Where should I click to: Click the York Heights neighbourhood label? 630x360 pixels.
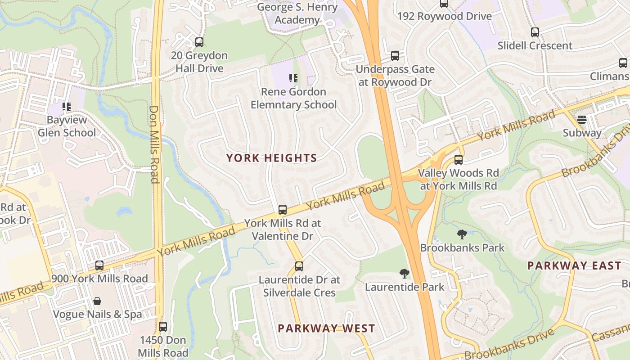271,158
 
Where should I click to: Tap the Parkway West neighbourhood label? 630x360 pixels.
326,328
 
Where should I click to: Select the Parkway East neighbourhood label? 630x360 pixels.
574,265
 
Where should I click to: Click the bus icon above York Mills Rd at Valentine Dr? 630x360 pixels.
283,210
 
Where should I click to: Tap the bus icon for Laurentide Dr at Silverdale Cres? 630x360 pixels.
299,266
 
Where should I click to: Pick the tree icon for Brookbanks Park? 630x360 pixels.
462,234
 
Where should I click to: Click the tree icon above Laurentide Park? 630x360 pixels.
405,273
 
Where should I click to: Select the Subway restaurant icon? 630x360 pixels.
582,120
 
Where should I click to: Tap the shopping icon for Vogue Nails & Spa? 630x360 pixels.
97,301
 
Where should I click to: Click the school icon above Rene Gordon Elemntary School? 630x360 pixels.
293,79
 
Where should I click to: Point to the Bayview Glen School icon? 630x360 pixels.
67,107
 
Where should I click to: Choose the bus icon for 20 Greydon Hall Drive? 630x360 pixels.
199,43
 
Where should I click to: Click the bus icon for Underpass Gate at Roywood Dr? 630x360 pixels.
395,56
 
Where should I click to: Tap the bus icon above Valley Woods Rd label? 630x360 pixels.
459,160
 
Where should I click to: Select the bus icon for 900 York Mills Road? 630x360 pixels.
99,265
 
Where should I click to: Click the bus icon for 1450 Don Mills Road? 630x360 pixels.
163,326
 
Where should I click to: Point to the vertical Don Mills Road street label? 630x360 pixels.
154,144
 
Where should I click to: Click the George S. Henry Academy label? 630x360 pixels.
297,13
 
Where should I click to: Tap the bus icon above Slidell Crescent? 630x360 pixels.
535,32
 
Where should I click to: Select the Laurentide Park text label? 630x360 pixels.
405,287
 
